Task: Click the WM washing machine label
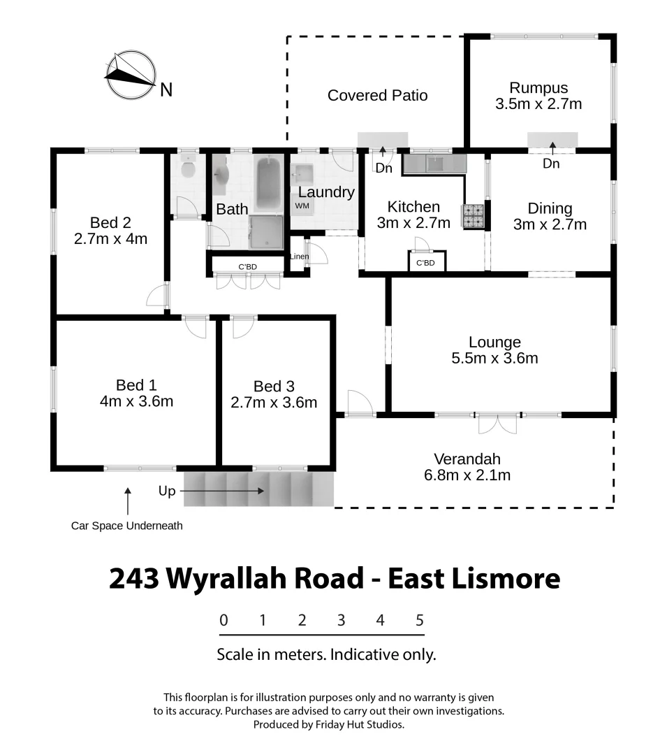[302, 206]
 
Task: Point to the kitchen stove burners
[473, 215]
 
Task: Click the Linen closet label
[298, 257]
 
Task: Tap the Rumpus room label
[538, 88]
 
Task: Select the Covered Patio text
[377, 95]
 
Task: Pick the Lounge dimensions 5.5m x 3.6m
[494, 359]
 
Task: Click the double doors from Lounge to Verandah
[499, 424]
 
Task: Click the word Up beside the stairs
[167, 491]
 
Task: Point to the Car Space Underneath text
[127, 526]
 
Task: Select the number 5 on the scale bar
[420, 620]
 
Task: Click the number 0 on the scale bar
[223, 620]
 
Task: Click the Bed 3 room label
[274, 387]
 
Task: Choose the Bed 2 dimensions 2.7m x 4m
[110, 238]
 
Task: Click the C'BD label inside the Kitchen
[425, 263]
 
